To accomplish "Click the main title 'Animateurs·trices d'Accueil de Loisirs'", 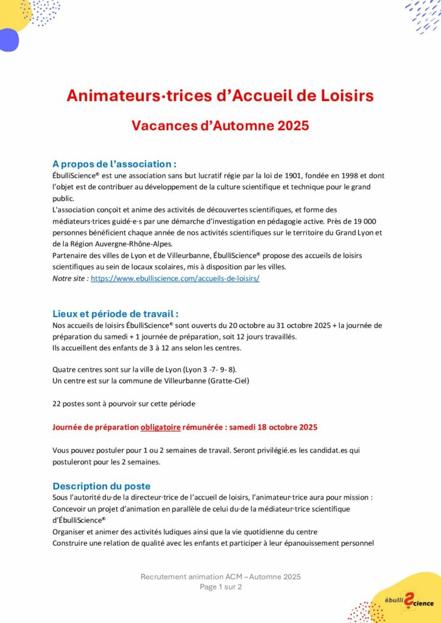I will click(220, 96).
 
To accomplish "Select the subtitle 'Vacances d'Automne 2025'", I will click(220, 126).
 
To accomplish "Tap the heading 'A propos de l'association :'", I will click(115, 164).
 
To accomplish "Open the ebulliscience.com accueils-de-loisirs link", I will click(175, 278).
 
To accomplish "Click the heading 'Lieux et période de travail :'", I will click(115, 314).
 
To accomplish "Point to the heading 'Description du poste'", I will click(101, 486).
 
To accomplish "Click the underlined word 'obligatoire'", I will click(161, 428).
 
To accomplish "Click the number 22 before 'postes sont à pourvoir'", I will click(57, 404).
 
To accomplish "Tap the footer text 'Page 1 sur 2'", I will click(220, 587).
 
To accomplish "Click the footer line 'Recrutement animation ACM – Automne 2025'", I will click(220, 577).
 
